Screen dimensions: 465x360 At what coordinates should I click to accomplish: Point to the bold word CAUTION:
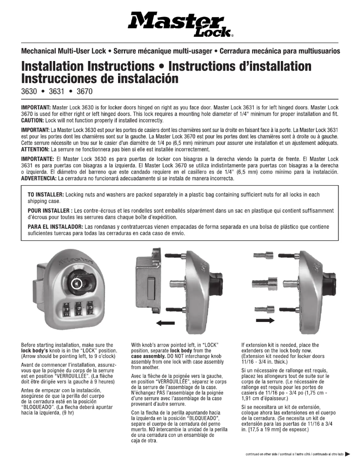coord(35,121)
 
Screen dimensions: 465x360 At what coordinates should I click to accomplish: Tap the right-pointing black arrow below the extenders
coord(264,320)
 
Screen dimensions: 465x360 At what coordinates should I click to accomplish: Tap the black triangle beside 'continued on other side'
coord(348,454)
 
